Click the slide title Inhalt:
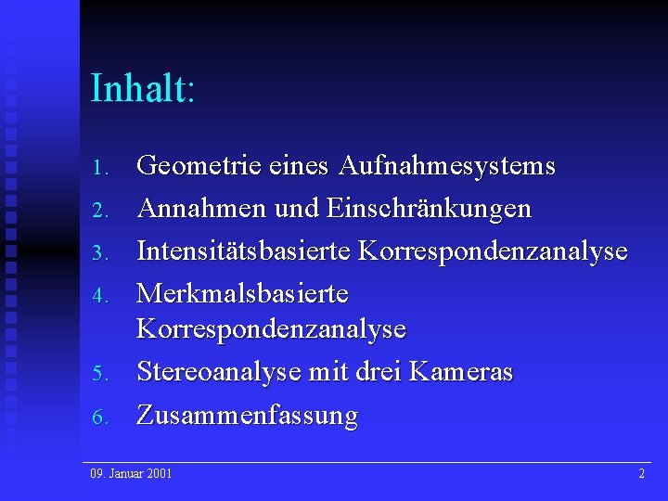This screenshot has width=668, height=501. (143, 89)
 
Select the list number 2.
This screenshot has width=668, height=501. (102, 211)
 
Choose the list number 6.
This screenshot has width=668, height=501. (102, 417)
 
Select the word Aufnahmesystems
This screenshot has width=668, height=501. (447, 167)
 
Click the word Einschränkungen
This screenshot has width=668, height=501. (429, 209)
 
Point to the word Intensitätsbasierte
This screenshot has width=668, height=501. (244, 251)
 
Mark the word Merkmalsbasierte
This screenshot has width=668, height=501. (242, 294)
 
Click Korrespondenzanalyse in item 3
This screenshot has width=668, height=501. (493, 251)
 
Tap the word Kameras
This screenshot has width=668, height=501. (460, 372)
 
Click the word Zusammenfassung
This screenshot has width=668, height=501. (247, 416)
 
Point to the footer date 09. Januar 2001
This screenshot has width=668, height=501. (131, 474)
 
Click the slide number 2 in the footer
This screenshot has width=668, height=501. (641, 474)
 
